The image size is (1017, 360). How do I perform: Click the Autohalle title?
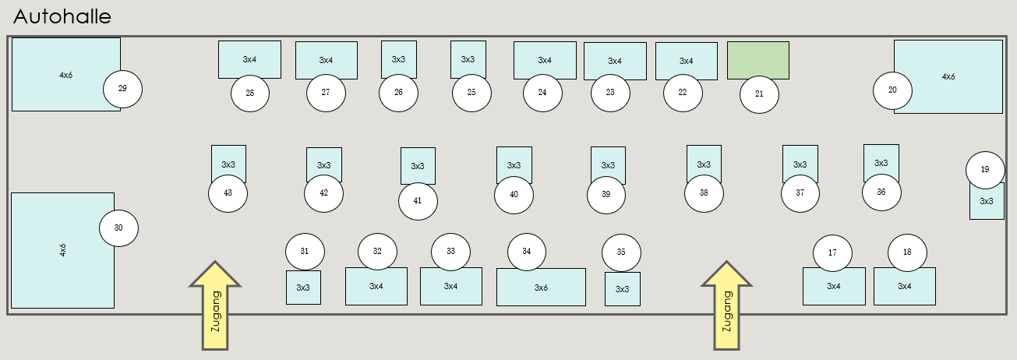62,17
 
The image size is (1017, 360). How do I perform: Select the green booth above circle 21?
758,59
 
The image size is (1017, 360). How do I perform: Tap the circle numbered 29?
122,89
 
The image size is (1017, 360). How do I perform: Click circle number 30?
118,228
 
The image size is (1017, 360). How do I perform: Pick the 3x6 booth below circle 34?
541,287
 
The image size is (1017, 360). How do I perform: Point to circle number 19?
985,170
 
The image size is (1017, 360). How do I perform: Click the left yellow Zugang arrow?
215,305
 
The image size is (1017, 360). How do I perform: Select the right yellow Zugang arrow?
726,305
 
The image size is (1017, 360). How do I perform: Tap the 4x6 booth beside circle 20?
948,76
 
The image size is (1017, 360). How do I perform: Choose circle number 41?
418,201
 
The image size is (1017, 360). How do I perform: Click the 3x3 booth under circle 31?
303,288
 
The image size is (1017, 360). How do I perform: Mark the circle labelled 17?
832,253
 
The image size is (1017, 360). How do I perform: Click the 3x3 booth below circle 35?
623,289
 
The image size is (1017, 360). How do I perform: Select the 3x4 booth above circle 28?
249,59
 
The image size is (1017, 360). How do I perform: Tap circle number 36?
881,192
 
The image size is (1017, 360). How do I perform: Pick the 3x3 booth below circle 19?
987,201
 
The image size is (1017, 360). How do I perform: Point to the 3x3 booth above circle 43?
228,164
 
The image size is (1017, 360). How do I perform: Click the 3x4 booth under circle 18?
905,286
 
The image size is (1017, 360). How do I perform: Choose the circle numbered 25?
471,93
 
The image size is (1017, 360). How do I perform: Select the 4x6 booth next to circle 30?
62,251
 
